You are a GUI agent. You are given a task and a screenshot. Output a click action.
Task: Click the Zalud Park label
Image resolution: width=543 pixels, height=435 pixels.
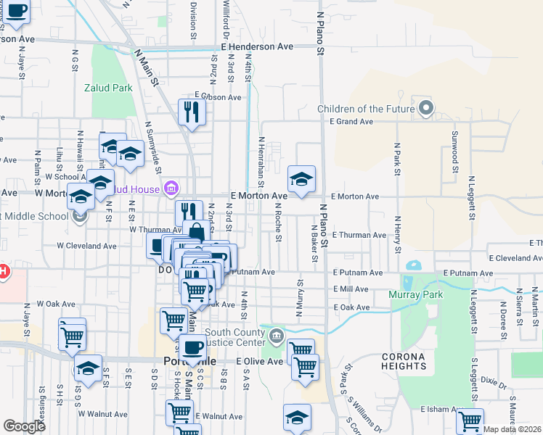(x=112, y=88)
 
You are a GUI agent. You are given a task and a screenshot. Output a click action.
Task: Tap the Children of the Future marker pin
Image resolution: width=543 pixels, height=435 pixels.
(x=426, y=109)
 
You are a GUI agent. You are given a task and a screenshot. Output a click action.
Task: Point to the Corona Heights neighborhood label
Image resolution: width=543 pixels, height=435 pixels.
(x=403, y=361)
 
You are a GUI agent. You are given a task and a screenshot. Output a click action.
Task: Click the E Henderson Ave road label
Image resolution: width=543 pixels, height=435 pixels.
(x=257, y=46)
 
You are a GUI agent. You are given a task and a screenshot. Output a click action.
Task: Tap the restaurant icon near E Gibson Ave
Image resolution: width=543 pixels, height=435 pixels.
(x=192, y=111)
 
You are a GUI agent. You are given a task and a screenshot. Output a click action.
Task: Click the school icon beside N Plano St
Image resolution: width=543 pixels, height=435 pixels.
(x=301, y=178)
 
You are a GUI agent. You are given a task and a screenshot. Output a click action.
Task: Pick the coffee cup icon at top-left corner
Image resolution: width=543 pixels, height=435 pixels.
(x=15, y=10)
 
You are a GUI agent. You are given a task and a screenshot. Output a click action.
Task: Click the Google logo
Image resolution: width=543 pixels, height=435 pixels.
(x=24, y=426)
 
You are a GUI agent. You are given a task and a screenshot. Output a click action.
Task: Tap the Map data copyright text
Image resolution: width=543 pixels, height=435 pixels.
(x=513, y=429)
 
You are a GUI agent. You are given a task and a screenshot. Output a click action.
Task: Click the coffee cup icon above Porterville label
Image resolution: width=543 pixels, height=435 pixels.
(x=192, y=347)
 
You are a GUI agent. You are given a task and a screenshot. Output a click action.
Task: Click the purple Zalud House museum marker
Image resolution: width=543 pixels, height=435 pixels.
(x=171, y=190)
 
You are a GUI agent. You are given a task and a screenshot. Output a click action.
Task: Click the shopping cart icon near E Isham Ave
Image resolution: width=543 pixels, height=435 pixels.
(x=470, y=420)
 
